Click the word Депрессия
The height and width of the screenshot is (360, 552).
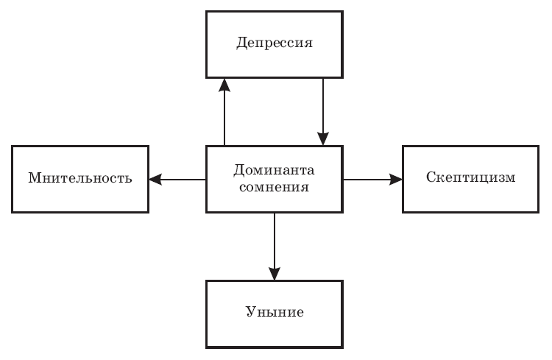pyautogui.click(x=275, y=43)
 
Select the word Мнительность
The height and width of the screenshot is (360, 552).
pyautogui.click(x=80, y=178)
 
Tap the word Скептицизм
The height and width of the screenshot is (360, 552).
pyautogui.click(x=471, y=178)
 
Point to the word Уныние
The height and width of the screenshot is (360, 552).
pyautogui.click(x=275, y=312)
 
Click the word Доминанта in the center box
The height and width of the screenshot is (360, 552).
pyautogui.click(x=274, y=170)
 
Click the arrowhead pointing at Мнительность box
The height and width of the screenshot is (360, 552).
pyautogui.click(x=155, y=179)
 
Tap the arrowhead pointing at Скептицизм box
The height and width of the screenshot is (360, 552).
pyautogui.click(x=396, y=179)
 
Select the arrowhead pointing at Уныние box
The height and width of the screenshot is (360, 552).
pyautogui.click(x=275, y=273)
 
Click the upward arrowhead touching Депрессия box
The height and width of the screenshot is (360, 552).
pyautogui.click(x=225, y=84)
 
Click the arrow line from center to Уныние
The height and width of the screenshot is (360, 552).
pyautogui.click(x=275, y=239)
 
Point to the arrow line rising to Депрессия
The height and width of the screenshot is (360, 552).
pyautogui.click(x=225, y=118)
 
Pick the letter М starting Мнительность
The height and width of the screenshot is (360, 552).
pyautogui.click(x=34, y=178)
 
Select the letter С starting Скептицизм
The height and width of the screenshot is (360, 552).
pyautogui.click(x=431, y=178)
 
